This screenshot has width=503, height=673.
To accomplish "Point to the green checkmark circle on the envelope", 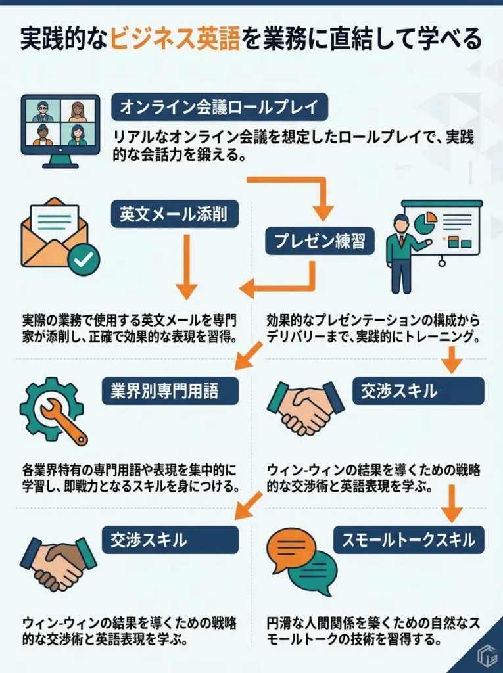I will click(84, 260).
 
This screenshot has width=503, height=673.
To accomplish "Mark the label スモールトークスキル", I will click(409, 540).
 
